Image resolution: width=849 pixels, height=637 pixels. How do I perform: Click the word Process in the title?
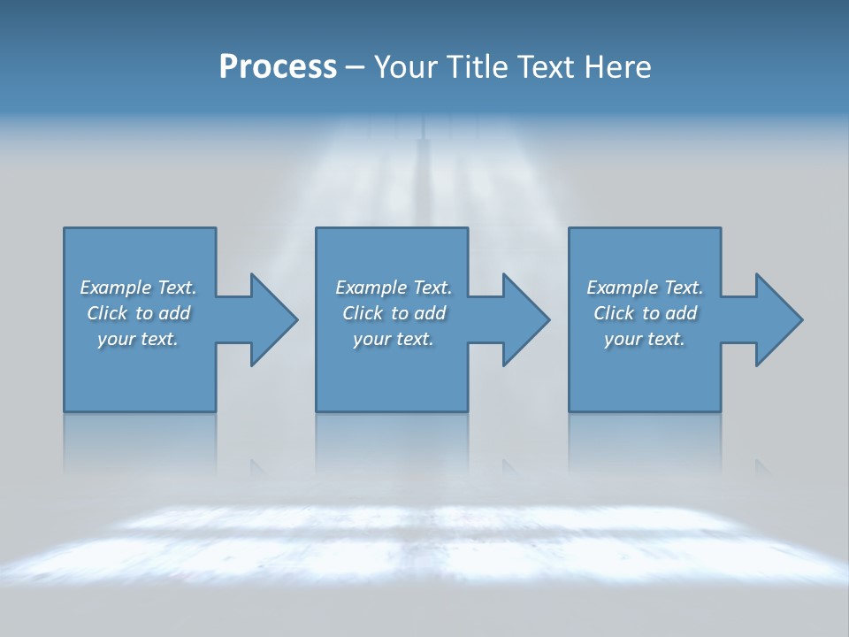[x=278, y=67]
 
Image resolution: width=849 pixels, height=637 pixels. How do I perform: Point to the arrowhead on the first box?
[x=273, y=319]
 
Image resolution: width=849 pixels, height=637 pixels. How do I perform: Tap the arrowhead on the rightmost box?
[x=778, y=319]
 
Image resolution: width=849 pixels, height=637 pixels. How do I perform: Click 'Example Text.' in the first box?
[x=138, y=288]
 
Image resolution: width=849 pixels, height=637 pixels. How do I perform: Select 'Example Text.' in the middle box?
[x=393, y=288]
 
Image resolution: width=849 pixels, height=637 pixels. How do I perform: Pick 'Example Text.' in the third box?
[x=645, y=288]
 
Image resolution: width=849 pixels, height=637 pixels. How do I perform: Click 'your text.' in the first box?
[x=138, y=339]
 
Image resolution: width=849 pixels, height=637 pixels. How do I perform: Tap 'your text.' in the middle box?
[x=393, y=339]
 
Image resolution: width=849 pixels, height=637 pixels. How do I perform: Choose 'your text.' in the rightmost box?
[x=645, y=339]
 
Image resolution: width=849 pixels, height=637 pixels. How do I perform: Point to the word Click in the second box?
[x=363, y=313]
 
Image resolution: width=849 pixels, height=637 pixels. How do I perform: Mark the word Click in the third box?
[x=614, y=313]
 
